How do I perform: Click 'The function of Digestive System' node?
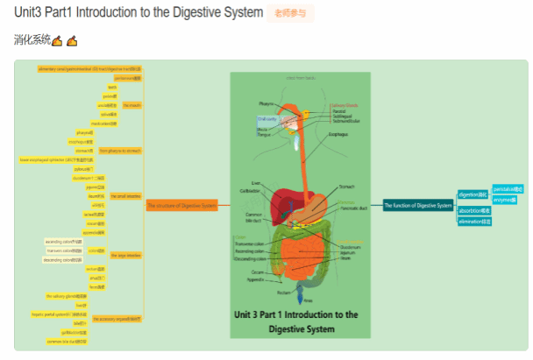click(418, 206)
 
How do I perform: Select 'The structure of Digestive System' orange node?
click(181, 206)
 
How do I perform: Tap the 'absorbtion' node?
click(474, 211)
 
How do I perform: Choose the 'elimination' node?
click(474, 222)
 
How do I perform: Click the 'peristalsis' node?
click(508, 188)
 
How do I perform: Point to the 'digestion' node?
click(472, 194)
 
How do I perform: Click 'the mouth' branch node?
click(131, 105)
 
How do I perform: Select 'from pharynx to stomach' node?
click(120, 151)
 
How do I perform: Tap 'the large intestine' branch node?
click(126, 255)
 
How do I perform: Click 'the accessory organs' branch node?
click(116, 319)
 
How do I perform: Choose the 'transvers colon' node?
click(66, 251)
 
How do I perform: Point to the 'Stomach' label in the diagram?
click(347, 186)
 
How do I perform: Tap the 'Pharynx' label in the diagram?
click(266, 103)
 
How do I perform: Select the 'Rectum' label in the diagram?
click(283, 293)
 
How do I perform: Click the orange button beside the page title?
click(290, 13)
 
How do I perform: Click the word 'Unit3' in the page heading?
click(31, 12)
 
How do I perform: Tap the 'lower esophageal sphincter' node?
click(53, 159)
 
